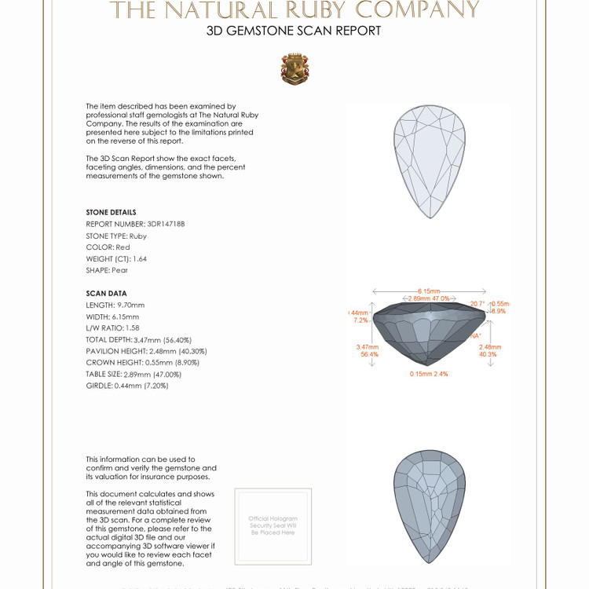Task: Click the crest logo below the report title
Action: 294,69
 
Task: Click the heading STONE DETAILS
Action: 111,212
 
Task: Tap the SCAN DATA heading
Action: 106,294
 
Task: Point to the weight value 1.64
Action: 140,258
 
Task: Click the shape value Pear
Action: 119,270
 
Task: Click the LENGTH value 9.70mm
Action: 130,305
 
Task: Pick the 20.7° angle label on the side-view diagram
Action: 477,303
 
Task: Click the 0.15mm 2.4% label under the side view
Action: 429,374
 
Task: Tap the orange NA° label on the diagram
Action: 475,335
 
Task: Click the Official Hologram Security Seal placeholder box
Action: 273,525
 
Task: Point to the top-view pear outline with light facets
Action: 429,162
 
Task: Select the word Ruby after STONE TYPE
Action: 138,236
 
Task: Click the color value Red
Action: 123,247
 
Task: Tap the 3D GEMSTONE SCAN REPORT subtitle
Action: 294,31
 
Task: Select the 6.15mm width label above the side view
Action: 430,290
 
